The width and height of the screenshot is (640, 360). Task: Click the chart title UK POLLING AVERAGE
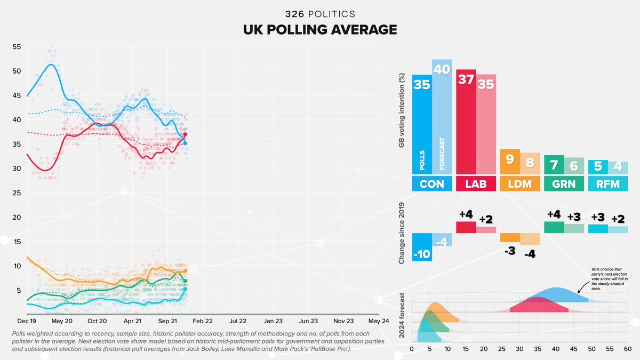pyautogui.click(x=320, y=29)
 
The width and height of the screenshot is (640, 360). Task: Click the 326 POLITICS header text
pyautogui.click(x=320, y=13)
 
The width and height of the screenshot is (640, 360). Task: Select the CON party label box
pyautogui.click(x=432, y=184)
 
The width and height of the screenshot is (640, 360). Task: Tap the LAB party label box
pyautogui.click(x=476, y=184)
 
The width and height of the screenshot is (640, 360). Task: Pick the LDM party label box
pyautogui.click(x=520, y=184)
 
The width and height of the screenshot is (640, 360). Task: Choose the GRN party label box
pyautogui.click(x=564, y=184)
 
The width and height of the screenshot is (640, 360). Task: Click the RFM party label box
pyautogui.click(x=607, y=184)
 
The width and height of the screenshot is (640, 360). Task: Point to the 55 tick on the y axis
pyautogui.click(x=17, y=47)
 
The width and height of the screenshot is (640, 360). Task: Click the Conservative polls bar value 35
pyautogui.click(x=421, y=85)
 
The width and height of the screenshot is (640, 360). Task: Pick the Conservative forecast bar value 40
pyautogui.click(x=442, y=70)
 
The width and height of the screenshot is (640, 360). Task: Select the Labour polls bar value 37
pyautogui.click(x=466, y=79)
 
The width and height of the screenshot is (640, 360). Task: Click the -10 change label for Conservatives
pyautogui.click(x=421, y=254)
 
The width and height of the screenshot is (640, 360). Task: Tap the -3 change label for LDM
pyautogui.click(x=509, y=251)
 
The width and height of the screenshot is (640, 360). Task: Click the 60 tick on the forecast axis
pyautogui.click(x=628, y=349)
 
